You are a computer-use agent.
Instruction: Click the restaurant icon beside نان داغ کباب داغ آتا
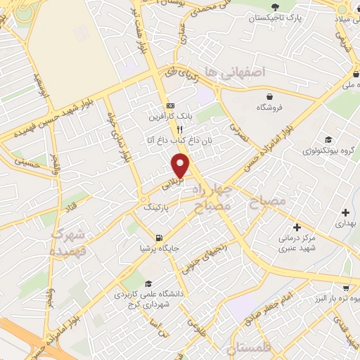point(180,129)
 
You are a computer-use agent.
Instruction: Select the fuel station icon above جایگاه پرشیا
point(160,237)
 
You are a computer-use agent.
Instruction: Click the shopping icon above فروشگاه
point(270,96)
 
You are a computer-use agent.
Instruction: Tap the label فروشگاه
point(270,108)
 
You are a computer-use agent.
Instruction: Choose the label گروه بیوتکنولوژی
point(327,150)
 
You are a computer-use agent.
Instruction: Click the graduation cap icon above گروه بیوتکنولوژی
point(327,139)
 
